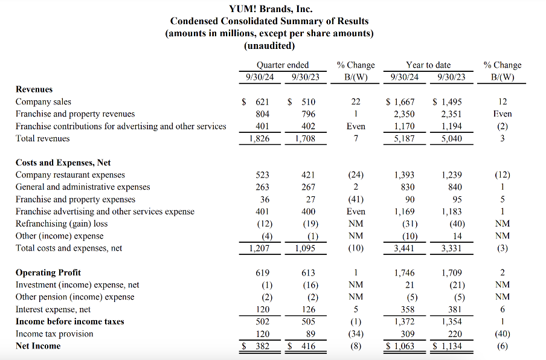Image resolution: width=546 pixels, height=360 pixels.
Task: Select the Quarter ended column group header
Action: tap(282, 65)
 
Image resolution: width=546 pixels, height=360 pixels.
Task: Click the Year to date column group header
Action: tap(428, 65)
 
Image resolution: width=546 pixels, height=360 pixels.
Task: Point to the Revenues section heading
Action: tap(34, 89)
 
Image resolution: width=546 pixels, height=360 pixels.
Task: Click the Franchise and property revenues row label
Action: tap(75, 114)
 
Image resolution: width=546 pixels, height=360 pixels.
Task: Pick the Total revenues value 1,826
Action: tap(259, 138)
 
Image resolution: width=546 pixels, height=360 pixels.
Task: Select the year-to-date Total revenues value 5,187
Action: tap(403, 138)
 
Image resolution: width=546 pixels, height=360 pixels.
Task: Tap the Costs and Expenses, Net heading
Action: tap(63, 162)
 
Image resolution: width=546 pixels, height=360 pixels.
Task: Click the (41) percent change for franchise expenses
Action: tap(356, 199)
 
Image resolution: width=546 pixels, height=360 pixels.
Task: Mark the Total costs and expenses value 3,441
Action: tap(403, 248)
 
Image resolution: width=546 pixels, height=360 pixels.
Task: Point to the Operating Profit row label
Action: tap(48, 272)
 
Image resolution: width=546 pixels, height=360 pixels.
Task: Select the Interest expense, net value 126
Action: tap(308, 309)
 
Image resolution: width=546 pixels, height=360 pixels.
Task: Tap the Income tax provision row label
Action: tap(54, 333)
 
